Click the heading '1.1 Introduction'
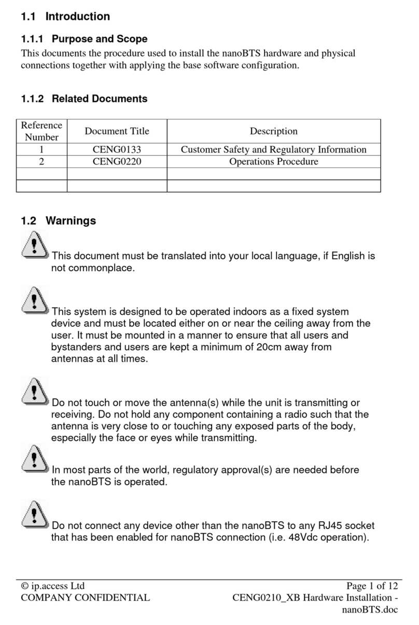65,17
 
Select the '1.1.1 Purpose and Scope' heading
84,39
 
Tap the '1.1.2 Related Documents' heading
84,99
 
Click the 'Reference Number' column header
41,131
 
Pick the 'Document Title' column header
117,131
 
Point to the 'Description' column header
273,131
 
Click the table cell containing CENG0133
117,149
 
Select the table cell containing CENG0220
117,162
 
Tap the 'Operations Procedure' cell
273,162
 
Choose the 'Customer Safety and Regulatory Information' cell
273,149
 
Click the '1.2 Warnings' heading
58,221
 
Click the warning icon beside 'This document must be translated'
35,245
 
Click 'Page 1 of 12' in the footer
372,586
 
